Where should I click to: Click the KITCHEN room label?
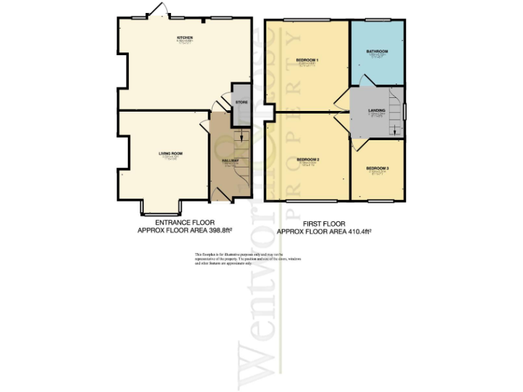(x=185, y=37)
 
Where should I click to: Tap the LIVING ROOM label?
(x=171, y=154)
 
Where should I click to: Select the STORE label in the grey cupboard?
(x=241, y=103)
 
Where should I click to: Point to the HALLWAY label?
(x=230, y=161)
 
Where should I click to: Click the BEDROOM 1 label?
(x=307, y=61)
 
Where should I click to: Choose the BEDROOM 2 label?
(x=308, y=160)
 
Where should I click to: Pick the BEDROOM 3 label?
(x=377, y=168)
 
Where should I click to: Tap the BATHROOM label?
(x=377, y=52)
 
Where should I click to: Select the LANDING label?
(x=377, y=110)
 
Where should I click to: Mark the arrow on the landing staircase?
(x=396, y=131)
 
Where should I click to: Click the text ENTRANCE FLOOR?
(x=185, y=223)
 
